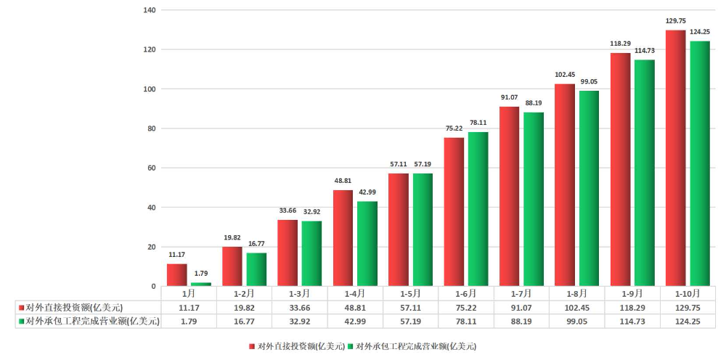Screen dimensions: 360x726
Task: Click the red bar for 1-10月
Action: [676, 158]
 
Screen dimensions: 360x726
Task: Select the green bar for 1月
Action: [201, 284]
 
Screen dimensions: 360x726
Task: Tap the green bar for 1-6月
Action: [478, 209]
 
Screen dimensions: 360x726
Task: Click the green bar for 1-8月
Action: [589, 188]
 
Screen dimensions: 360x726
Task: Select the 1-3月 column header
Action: [299, 294]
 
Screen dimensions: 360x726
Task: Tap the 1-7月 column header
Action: [521, 294]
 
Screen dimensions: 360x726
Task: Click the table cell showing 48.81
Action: [354, 308]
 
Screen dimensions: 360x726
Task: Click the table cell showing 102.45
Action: [576, 308]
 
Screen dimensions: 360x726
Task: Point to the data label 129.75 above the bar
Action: [676, 21]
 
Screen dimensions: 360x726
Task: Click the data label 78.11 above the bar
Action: [478, 123]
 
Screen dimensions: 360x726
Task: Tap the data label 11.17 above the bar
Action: [177, 255]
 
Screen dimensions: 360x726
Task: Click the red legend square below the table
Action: [252, 347]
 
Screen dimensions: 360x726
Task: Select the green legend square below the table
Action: [349, 347]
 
